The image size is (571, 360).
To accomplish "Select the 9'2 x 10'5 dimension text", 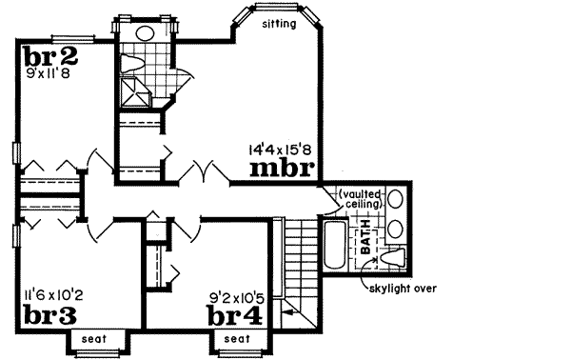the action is [x=236, y=295].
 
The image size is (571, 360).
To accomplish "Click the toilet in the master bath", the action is [x=398, y=257].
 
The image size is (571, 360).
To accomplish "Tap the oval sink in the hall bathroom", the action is [x=146, y=33].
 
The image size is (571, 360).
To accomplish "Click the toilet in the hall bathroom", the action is [x=131, y=64].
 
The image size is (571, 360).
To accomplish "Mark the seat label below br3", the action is [x=92, y=338].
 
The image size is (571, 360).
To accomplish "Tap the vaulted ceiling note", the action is [x=361, y=198].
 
